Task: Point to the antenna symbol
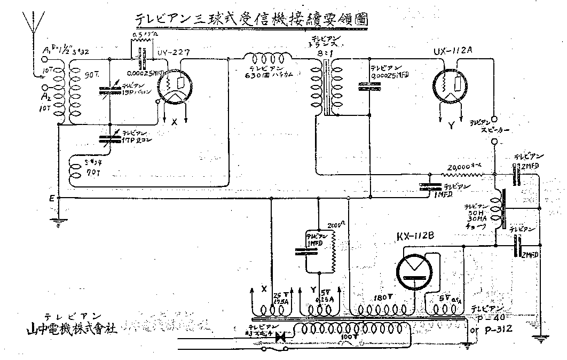point(29,24)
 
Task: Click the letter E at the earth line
point(52,198)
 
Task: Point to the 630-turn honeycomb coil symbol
point(267,57)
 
